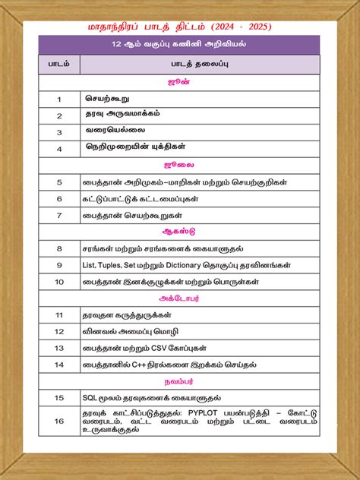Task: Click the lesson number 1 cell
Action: pyautogui.click(x=58, y=99)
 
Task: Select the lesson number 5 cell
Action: pyautogui.click(x=58, y=182)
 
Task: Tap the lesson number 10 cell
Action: pyautogui.click(x=58, y=281)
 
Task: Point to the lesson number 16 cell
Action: pyautogui.click(x=58, y=421)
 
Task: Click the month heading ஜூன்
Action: pyautogui.click(x=179, y=81)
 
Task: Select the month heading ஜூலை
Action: pyautogui.click(x=179, y=164)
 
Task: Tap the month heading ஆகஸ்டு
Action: pyautogui.click(x=179, y=231)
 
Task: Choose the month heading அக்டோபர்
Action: pyautogui.click(x=179, y=298)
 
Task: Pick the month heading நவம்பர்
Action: pyautogui.click(x=179, y=381)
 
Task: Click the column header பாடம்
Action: pyautogui.click(x=58, y=65)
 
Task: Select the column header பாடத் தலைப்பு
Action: pyautogui.click(x=199, y=65)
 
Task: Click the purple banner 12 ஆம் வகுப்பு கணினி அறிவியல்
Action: pyautogui.click(x=179, y=44)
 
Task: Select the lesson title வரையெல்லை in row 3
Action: pyautogui.click(x=113, y=131)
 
